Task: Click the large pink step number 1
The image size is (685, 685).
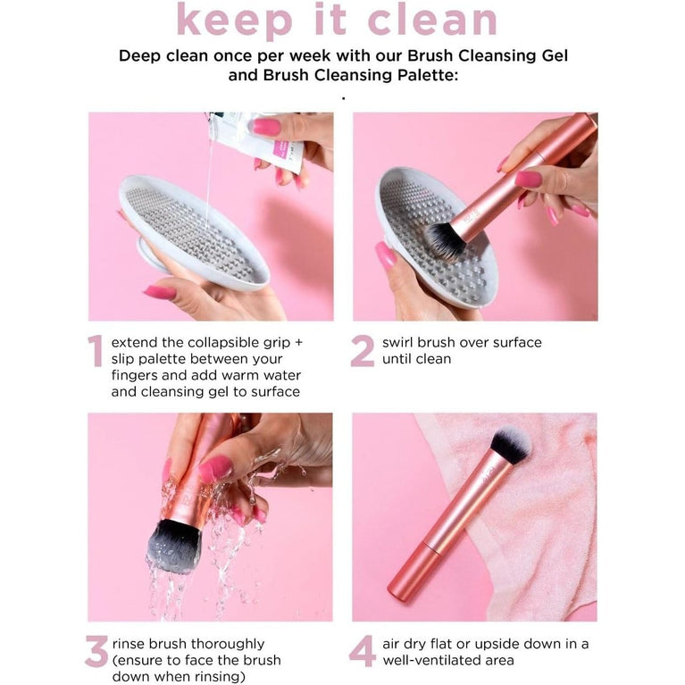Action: [96, 351]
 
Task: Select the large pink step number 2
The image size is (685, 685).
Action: [363, 351]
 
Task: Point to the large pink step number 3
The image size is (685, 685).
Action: [96, 652]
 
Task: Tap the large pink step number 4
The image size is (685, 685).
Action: [363, 652]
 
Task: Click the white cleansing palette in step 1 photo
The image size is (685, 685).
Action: [193, 232]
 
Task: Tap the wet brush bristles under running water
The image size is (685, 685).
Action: [174, 545]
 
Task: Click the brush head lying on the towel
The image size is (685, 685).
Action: [511, 445]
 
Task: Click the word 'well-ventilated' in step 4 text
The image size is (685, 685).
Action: [435, 661]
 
